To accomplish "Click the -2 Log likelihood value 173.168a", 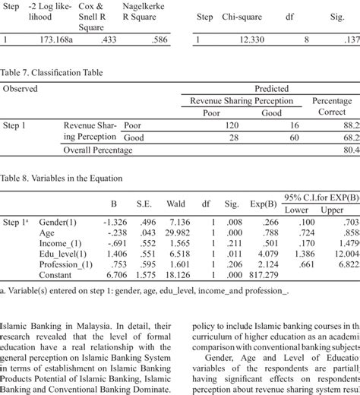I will pyautogui.click(x=58, y=39).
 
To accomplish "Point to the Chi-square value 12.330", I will pyautogui.click(x=250, y=39).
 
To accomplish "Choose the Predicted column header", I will pyautogui.click(x=270, y=89).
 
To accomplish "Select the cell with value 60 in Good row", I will pyautogui.click(x=271, y=137).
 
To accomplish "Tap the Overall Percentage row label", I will pyautogui.click(x=98, y=150).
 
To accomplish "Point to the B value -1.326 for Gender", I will pyautogui.click(x=114, y=222).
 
